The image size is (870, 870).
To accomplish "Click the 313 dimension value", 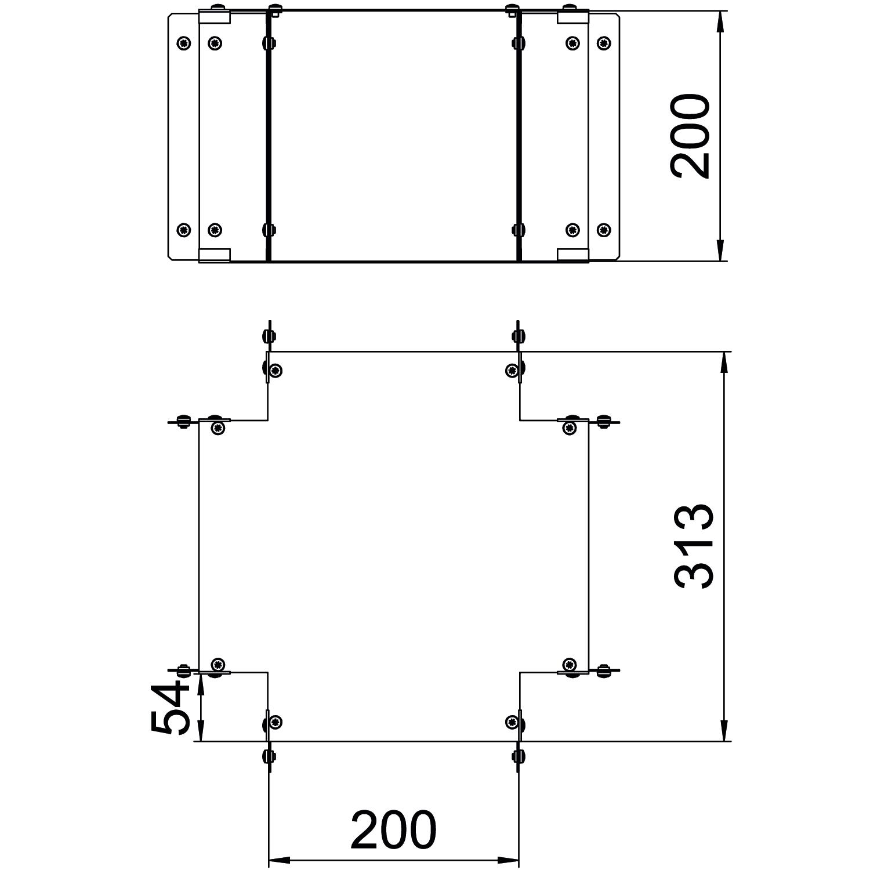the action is [x=694, y=547].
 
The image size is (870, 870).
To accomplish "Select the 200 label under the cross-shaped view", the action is [x=393, y=830].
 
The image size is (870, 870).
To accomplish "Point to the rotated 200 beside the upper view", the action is [x=690, y=136].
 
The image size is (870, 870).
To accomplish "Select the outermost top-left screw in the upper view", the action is [x=183, y=42].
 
